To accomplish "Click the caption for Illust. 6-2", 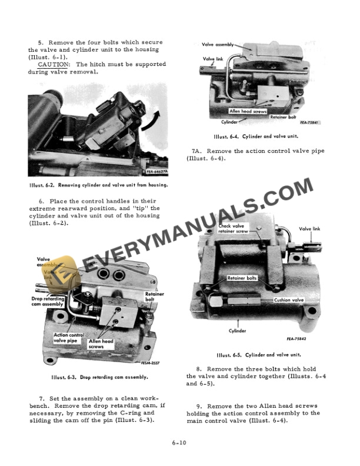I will click(x=98, y=185).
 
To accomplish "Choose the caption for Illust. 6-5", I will click(x=258, y=355).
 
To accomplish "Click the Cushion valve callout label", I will click(x=288, y=299).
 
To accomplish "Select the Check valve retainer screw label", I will click(x=234, y=228).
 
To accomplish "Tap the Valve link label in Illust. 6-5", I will click(x=309, y=229).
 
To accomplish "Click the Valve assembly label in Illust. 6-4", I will click(x=218, y=44).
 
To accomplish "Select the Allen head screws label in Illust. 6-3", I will click(x=101, y=344).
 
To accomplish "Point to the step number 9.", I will click(x=200, y=406).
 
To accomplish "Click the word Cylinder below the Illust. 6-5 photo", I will click(x=237, y=331).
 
